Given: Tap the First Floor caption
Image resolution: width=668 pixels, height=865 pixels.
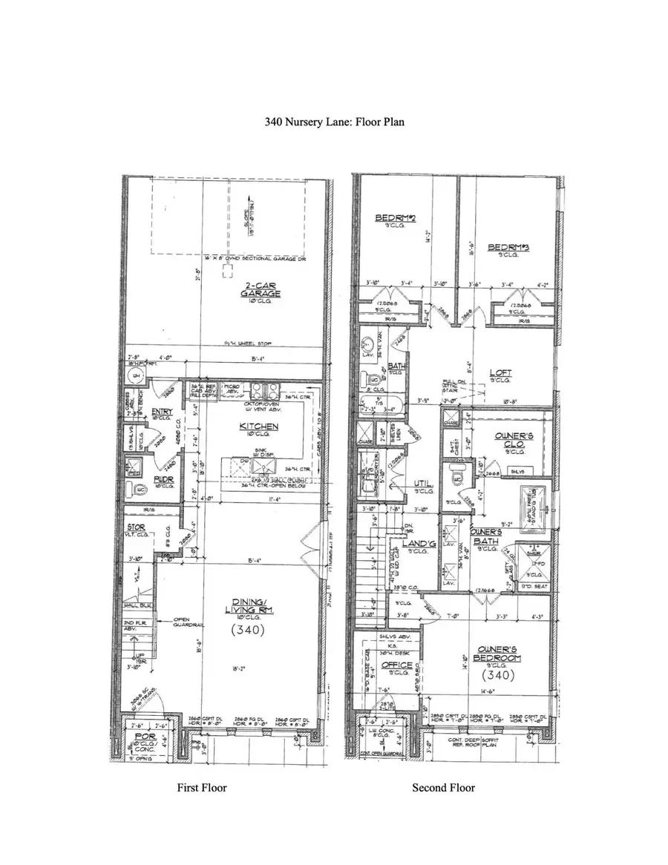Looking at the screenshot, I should pos(201,787).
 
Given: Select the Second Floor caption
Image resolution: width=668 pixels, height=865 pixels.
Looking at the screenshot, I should pos(443,787).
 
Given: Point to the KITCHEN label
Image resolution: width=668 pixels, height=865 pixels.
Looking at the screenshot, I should pos(258,427).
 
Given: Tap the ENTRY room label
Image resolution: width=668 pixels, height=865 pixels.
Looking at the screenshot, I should pos(163,412).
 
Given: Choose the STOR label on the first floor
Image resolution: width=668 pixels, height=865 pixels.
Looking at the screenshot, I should pos(134,527).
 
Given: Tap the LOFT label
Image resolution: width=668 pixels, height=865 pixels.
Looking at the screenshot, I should pos(501,374).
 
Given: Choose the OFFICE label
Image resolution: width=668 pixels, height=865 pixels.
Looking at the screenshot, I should pos(396,665).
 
